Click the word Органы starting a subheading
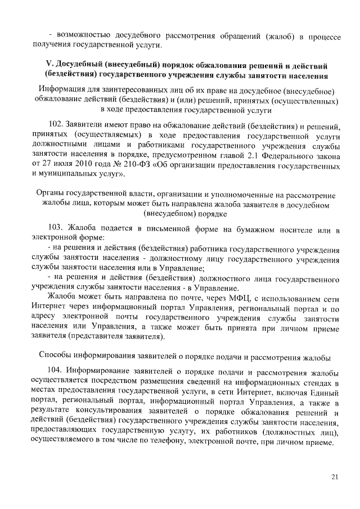(51, 193)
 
